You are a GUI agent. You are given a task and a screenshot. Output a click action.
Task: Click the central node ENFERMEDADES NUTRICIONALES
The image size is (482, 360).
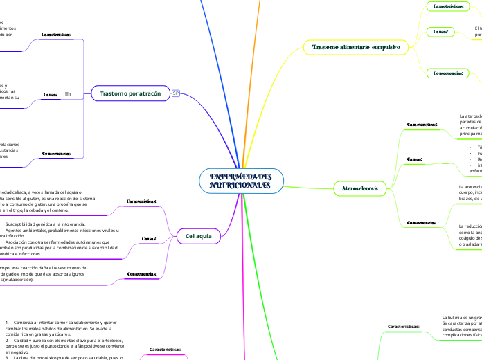(x=240, y=181)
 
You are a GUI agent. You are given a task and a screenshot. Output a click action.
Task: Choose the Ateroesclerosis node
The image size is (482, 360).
(x=360, y=188)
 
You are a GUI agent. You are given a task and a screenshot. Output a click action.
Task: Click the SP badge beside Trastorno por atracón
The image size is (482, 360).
(x=176, y=93)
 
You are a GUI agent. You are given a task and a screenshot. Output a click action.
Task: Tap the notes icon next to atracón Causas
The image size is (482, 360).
(x=68, y=93)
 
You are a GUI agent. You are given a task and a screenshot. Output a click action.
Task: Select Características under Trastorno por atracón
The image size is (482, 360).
(x=58, y=33)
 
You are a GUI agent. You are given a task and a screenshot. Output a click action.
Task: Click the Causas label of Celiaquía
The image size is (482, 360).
(x=149, y=239)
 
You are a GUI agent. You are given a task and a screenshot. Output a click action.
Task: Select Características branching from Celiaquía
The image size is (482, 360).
(x=142, y=201)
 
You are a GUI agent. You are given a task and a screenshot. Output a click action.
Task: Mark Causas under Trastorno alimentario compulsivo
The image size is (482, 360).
(x=440, y=31)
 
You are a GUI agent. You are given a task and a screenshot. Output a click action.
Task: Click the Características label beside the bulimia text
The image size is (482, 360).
(x=404, y=325)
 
